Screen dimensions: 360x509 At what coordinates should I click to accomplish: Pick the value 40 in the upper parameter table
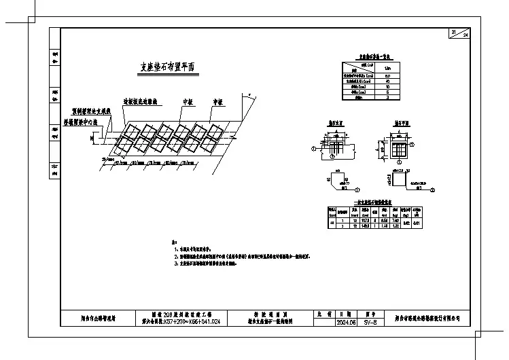[388, 81]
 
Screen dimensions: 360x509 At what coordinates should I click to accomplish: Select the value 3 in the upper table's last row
[388, 98]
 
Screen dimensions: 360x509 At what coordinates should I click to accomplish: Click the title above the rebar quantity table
[376, 201]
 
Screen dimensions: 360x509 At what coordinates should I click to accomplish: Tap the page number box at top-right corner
[459, 35]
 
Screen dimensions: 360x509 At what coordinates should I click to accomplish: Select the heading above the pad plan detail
[400, 125]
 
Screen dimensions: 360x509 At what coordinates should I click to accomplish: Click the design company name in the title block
[431, 318]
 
